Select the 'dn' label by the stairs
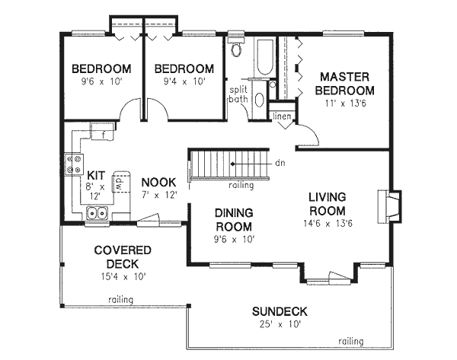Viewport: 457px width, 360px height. click(280, 162)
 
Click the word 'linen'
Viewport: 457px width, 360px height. click(280, 115)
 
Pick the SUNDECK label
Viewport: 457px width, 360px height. click(279, 311)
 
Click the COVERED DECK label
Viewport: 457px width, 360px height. click(123, 256)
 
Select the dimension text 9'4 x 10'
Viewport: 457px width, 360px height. click(183, 80)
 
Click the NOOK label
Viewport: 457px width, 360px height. click(158, 183)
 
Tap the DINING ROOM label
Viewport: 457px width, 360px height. click(233, 220)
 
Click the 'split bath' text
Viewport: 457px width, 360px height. click(239, 95)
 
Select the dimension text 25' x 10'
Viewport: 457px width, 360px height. click(279, 324)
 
